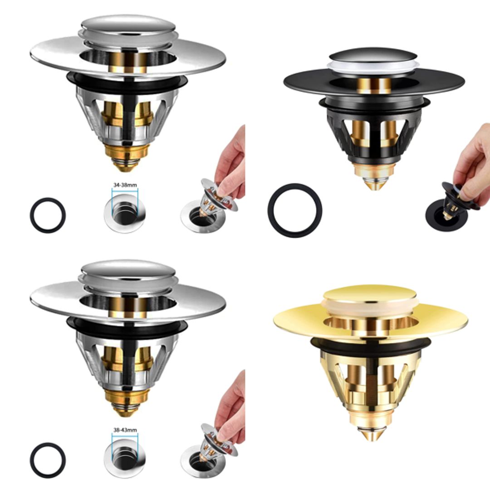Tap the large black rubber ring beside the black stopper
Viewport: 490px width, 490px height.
pos(295,211)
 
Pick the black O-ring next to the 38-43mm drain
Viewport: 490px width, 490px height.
pos(48,460)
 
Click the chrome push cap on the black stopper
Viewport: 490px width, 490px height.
pos(372,55)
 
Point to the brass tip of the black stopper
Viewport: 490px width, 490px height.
pos(372,181)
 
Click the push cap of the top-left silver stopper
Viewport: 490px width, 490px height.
pos(128,25)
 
